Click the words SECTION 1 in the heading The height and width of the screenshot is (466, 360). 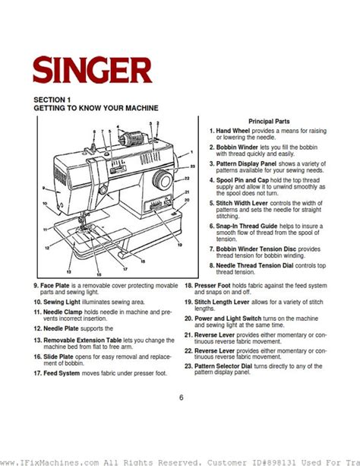[53, 100]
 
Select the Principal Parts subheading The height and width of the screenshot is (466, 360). [270, 122]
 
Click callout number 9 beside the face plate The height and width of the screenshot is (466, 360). [44, 186]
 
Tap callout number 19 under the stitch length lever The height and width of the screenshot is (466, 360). [179, 245]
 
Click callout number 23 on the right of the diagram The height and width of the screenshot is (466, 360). [192, 165]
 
